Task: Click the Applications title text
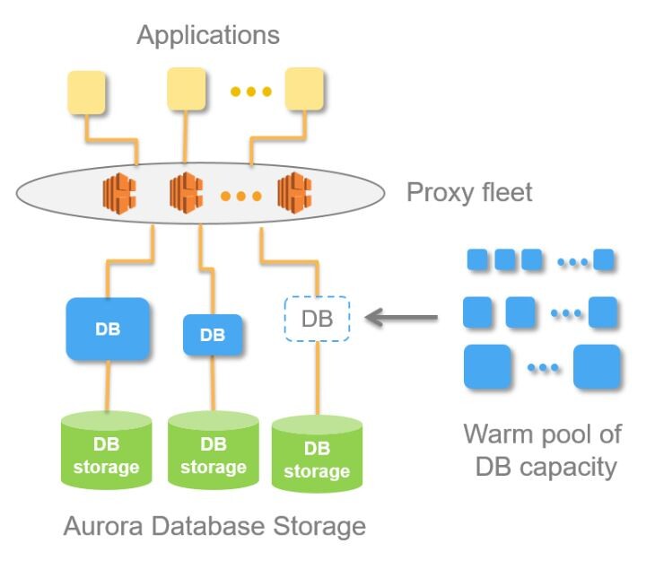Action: (208, 35)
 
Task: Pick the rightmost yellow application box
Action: (304, 90)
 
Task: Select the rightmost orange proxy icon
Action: (294, 192)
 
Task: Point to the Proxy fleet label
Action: (469, 192)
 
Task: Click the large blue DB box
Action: (108, 329)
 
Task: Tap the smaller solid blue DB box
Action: (213, 336)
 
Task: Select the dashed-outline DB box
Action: (317, 319)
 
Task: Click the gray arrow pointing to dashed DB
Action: (403, 316)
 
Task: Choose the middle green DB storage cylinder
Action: (214, 451)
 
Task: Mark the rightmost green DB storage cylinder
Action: (317, 454)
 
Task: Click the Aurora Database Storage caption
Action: (214, 525)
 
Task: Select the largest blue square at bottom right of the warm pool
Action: (598, 367)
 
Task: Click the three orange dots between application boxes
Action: (246, 91)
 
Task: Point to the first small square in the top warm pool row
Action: (478, 260)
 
